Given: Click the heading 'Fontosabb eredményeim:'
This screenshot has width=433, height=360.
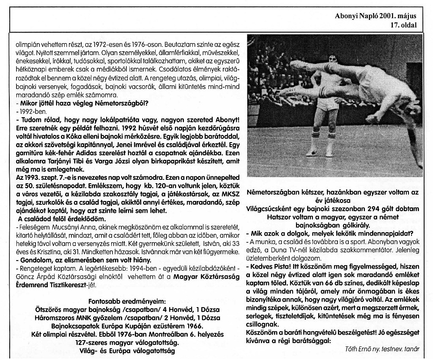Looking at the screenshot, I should (119, 302).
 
